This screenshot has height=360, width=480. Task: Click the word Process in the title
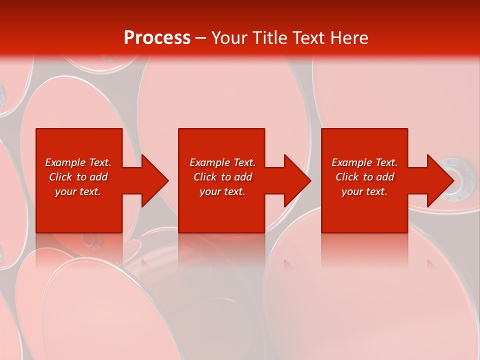click(x=157, y=38)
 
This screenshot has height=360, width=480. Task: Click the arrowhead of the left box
click(x=152, y=180)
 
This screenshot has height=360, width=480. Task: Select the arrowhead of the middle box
click(x=295, y=180)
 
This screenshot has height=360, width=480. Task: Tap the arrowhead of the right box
click(x=438, y=180)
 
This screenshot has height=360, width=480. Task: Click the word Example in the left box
click(x=65, y=162)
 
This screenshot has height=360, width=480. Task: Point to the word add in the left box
click(x=98, y=177)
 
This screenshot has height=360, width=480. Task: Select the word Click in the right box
click(x=347, y=177)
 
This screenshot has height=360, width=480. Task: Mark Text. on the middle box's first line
click(x=244, y=162)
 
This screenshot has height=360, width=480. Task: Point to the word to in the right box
click(x=368, y=177)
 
